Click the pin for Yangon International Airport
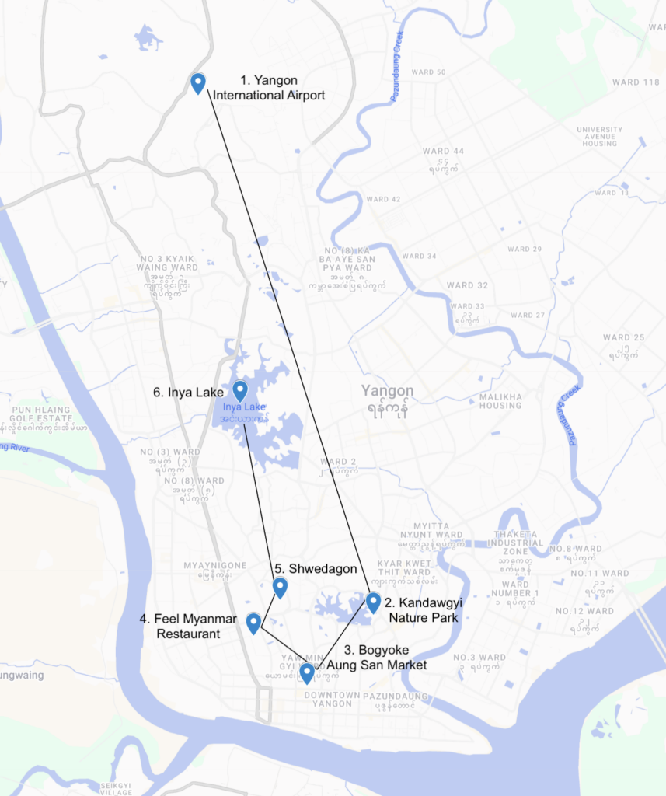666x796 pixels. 198,82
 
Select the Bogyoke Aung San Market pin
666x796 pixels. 307,672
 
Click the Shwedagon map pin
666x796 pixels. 280,588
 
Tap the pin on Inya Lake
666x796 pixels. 240,390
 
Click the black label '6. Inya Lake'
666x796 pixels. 188,393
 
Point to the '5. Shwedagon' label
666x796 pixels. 316,569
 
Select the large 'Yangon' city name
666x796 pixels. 387,391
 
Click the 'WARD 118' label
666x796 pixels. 636,82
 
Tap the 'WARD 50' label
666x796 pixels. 428,72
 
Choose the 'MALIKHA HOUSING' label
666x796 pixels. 500,401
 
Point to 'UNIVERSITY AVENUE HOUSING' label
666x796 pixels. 599,137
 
